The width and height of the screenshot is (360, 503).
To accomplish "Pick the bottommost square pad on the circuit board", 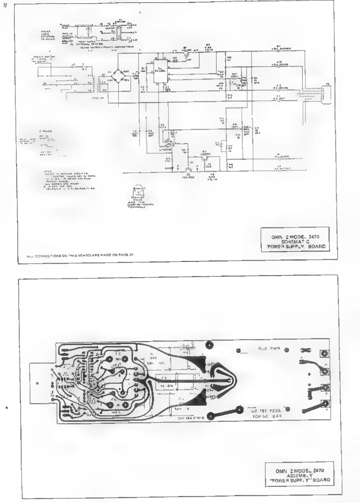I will (326, 403).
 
